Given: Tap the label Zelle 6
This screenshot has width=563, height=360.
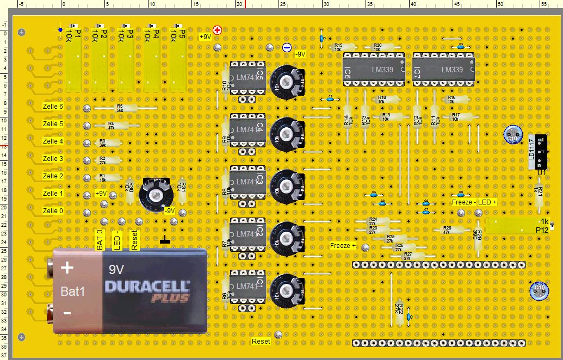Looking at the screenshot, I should coord(53,107).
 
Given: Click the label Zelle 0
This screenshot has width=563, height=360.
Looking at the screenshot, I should coord(53,211).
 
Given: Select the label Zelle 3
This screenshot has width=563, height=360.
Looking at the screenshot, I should coord(53,159).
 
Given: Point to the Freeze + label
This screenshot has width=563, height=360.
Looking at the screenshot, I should coord(343,246).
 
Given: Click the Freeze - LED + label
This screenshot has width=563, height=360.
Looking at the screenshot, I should coord(474,202).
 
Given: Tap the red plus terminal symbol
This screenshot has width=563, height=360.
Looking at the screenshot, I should coord(218,30).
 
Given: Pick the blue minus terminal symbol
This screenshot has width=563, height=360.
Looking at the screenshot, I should coord(287,48).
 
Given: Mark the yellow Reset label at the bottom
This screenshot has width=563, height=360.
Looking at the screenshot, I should coord(261,342).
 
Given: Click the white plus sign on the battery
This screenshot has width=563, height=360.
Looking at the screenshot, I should coord(67,268).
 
